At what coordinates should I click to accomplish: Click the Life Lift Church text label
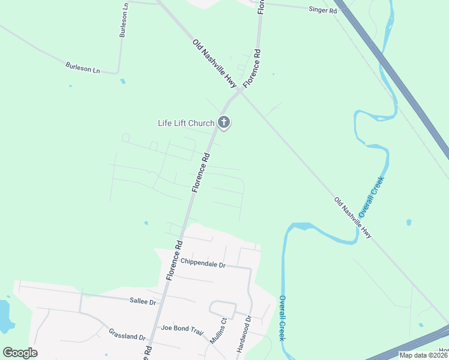click(185, 124)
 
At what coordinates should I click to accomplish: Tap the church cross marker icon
click(224, 123)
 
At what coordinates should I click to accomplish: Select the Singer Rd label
click(322, 10)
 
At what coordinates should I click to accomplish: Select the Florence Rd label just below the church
click(201, 172)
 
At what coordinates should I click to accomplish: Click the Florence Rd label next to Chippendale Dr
click(175, 260)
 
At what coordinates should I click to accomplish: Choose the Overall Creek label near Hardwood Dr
click(282, 318)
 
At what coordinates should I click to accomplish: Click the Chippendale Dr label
click(203, 264)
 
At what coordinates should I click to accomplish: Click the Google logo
click(20, 353)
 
